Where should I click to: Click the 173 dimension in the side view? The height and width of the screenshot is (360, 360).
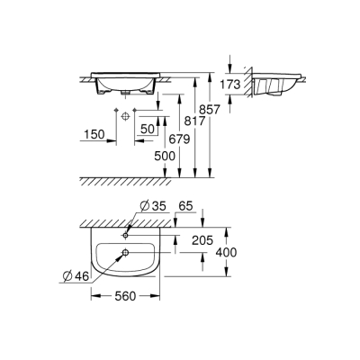(x=231, y=85)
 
